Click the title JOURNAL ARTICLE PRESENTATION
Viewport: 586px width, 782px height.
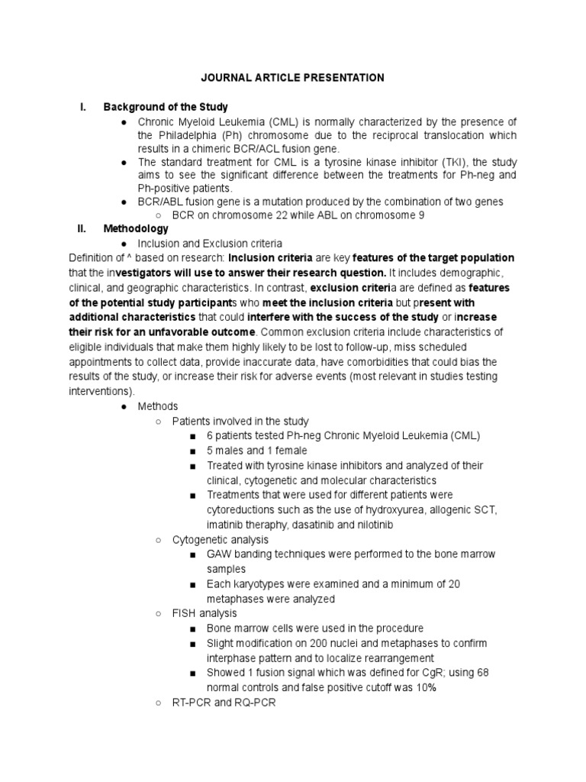click(x=292, y=78)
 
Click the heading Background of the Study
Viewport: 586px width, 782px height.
click(x=166, y=107)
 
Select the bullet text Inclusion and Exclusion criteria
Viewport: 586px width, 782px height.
click(x=210, y=244)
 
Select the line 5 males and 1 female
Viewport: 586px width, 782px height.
click(x=259, y=450)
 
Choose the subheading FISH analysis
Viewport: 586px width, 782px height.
click(x=204, y=613)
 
